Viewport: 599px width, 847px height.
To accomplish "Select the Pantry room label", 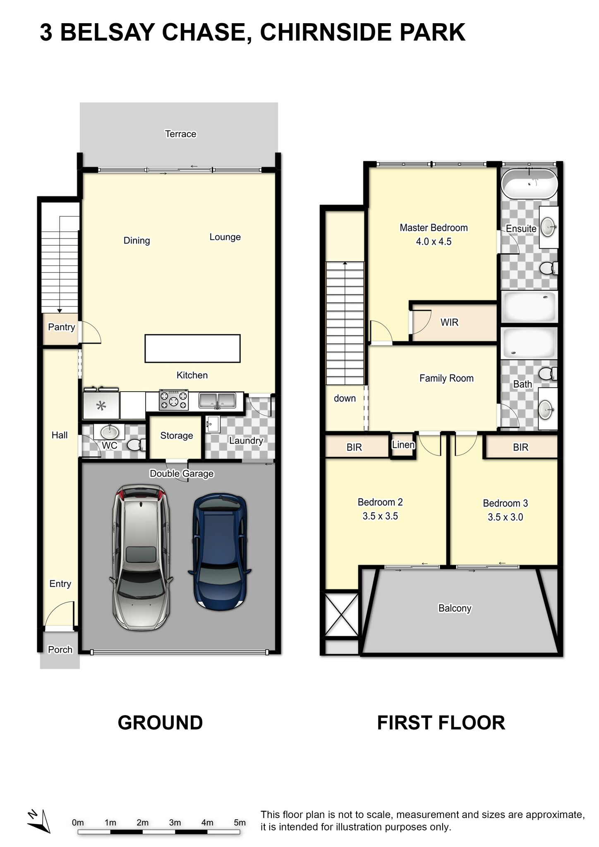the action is [x=62, y=327].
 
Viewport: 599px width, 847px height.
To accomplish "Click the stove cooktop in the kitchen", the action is [x=174, y=400].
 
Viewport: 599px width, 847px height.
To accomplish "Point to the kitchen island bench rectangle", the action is [x=192, y=349].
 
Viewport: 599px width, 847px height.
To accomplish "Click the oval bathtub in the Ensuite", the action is [x=530, y=183].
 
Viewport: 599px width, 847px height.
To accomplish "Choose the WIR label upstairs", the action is [x=449, y=322].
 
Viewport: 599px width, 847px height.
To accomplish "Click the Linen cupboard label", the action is [x=403, y=445].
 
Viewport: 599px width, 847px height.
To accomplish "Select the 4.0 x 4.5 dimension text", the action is [x=434, y=242].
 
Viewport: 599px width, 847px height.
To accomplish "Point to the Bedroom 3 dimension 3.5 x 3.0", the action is [x=506, y=517].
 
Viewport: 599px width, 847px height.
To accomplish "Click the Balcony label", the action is [x=455, y=608].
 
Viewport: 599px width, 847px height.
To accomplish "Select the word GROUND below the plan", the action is [x=161, y=723].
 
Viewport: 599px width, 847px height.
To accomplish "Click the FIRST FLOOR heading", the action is [x=441, y=723].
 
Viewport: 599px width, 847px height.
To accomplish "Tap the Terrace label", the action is [x=180, y=134].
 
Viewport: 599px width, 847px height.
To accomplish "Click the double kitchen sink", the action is [x=217, y=400].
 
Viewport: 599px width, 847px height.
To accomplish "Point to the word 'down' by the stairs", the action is [x=345, y=398].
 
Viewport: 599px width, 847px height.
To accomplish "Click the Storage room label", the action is [x=177, y=436].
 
